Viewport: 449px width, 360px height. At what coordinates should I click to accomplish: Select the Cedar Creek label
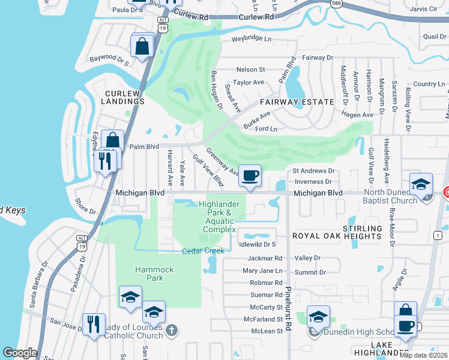203,251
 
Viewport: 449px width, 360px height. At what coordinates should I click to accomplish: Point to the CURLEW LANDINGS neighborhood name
125,97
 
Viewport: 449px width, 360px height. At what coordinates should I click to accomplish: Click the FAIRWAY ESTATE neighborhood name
297,102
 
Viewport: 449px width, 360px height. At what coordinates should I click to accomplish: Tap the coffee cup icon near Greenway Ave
250,176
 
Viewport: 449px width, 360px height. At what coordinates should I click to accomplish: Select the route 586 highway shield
337,4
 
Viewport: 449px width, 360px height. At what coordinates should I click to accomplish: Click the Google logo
20,353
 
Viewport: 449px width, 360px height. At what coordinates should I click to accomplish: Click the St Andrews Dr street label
313,171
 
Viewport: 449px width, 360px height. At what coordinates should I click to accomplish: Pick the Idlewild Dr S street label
257,244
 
